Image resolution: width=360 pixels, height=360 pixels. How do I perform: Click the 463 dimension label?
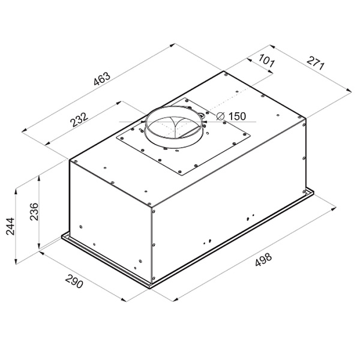[102, 79]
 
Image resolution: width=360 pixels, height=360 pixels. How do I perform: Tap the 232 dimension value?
[79, 119]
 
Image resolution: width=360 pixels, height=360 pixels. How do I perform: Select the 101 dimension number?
[266, 61]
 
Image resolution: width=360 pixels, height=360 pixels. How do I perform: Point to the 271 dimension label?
[316, 63]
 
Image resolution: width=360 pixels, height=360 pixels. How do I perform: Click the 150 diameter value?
[237, 116]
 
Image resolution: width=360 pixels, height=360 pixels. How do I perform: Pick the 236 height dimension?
[34, 212]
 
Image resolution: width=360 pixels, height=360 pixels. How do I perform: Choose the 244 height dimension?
[10, 226]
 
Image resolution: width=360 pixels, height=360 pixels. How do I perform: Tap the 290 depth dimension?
[74, 281]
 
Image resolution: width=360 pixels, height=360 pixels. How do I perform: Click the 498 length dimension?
[263, 260]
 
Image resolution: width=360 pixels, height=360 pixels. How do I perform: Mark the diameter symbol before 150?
[220, 116]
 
